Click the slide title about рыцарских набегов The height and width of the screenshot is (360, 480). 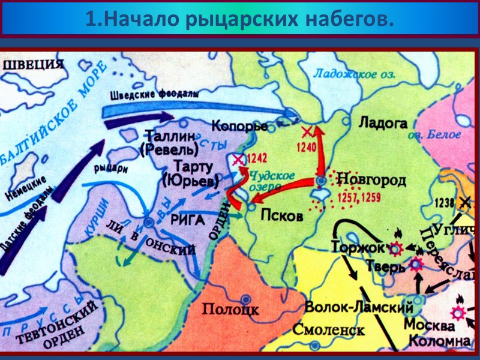(240, 19)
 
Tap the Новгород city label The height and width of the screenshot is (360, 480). (371, 179)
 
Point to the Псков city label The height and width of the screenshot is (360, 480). (282, 216)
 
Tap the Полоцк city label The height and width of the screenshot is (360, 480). (230, 310)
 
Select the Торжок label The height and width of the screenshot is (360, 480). (357, 246)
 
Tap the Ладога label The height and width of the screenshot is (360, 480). (383, 123)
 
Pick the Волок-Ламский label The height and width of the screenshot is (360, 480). (359, 307)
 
